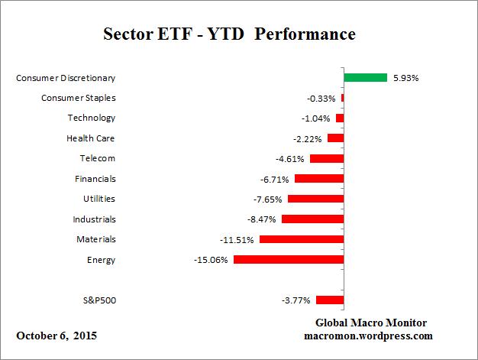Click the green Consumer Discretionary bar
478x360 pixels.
[x=365, y=77]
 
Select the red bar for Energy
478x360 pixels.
[x=288, y=260]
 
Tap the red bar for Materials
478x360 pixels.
[x=301, y=239]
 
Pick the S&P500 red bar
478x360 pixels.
[x=329, y=300]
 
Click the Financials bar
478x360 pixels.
[x=318, y=179]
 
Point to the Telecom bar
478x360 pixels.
[x=326, y=158]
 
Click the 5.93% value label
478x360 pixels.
[x=405, y=77]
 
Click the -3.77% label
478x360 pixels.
[x=297, y=300]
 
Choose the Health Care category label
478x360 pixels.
[x=91, y=138]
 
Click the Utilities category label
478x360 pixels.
[x=99, y=199]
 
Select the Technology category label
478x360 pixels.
[x=91, y=118]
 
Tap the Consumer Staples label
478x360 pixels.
[x=78, y=98]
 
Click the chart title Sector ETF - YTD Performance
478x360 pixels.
[x=229, y=35]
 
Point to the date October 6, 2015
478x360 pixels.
[x=57, y=336]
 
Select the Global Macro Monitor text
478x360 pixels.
[x=370, y=323]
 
